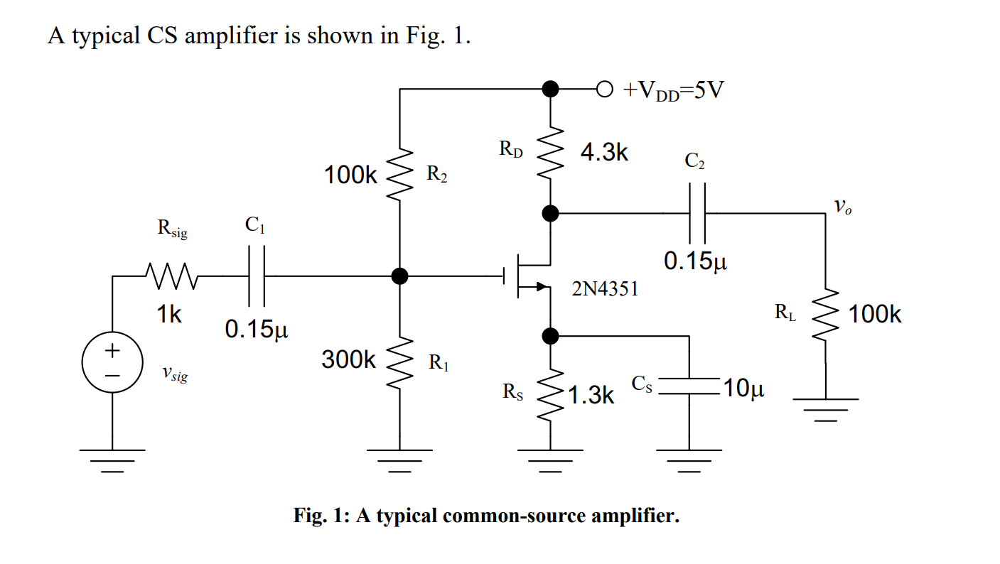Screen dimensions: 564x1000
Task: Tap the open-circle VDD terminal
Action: [603, 90]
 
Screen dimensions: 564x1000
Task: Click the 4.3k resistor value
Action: [604, 153]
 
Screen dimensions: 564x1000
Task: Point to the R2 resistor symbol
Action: [399, 175]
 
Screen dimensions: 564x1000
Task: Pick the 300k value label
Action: [348, 360]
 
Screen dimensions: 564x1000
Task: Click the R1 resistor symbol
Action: [399, 360]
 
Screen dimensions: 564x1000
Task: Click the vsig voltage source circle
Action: [112, 362]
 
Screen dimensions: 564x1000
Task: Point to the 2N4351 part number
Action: [605, 289]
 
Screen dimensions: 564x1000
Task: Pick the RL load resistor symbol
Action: [825, 314]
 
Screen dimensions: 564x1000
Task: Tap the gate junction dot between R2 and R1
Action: [399, 276]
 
